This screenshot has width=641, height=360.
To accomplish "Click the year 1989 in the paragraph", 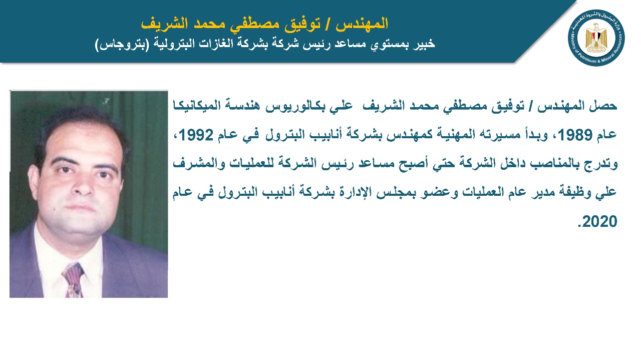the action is coord(575,135).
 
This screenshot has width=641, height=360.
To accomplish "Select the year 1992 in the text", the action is coord(196,135).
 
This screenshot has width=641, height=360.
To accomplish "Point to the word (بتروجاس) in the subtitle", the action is coord(122,44).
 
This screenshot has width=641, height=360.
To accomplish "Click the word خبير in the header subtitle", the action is coord(424,44).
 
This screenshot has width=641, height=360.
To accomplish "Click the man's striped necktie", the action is coord(74,280).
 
